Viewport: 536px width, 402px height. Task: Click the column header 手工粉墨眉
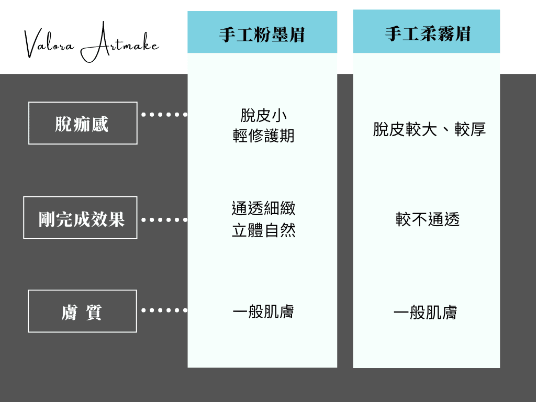point(262,35)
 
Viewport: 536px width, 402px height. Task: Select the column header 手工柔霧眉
point(428,34)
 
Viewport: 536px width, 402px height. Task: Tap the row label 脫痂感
point(82,124)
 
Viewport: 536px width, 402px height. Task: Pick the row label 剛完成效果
point(81,219)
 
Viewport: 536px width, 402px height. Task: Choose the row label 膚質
point(81,312)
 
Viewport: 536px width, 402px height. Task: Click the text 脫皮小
point(263,115)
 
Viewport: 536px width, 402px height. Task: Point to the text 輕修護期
point(263,136)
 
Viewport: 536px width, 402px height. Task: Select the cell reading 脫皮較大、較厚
point(429,129)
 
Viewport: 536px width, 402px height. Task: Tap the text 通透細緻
point(263,208)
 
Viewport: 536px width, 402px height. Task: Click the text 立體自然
point(263,230)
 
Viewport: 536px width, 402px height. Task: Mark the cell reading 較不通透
point(427,219)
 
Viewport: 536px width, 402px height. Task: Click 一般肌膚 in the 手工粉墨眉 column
point(263,311)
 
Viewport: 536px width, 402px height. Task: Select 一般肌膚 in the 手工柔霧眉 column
point(425,312)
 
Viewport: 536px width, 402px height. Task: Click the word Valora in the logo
point(49,44)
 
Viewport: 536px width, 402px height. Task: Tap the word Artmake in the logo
point(120,42)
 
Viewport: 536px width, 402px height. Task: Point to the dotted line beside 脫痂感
point(164,115)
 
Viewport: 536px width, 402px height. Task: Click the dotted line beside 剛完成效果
point(164,219)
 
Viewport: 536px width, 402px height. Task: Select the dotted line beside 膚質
point(164,310)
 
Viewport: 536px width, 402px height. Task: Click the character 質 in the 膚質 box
point(93,312)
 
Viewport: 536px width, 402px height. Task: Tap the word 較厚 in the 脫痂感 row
point(470,129)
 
